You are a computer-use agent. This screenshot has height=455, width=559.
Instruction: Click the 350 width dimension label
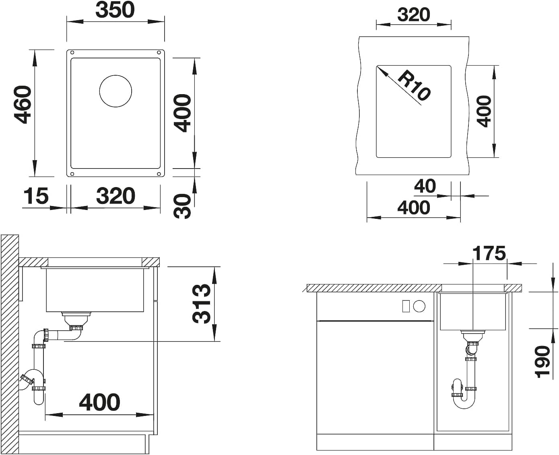pyautogui.click(x=115, y=10)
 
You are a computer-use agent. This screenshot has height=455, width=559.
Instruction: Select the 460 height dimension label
pyautogui.click(x=23, y=105)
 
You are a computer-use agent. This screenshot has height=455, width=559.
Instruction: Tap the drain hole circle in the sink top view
pyautogui.click(x=116, y=91)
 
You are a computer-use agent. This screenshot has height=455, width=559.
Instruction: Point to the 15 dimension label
pyautogui.click(x=36, y=196)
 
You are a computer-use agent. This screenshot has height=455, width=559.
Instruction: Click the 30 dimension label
pyautogui.click(x=182, y=206)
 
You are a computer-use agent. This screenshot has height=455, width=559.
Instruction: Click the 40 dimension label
pyautogui.click(x=425, y=186)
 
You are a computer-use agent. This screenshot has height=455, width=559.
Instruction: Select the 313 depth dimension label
pyautogui.click(x=201, y=304)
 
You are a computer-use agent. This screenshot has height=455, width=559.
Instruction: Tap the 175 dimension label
pyautogui.click(x=489, y=253)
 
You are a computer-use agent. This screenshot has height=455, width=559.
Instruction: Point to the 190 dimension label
pyautogui.click(x=542, y=362)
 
